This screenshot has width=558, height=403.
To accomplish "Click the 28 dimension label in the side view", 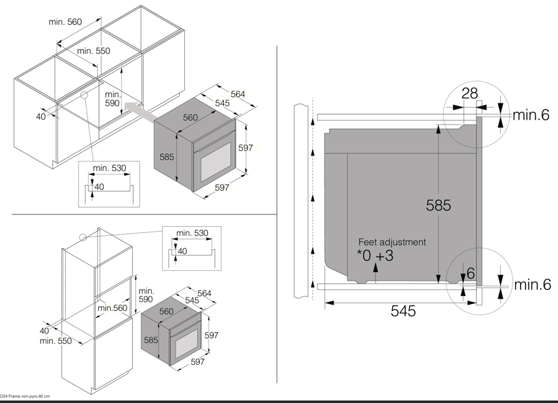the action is pyautogui.click(x=470, y=93).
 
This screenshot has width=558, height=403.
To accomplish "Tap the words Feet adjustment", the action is pyautogui.click(x=392, y=242).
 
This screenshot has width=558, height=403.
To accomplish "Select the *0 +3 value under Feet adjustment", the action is pyautogui.click(x=375, y=256).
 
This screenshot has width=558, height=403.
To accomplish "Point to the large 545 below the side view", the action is pyautogui.click(x=403, y=310).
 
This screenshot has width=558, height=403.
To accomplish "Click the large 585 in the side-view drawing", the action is pyautogui.click(x=438, y=205).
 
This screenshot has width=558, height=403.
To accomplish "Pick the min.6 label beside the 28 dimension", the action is pyautogui.click(x=530, y=114).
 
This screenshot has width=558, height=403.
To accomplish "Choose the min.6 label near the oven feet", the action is pyautogui.click(x=533, y=284).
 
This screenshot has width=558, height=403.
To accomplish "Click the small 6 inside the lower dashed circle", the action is pyautogui.click(x=470, y=273).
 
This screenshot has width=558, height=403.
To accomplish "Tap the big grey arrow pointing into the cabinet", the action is pyautogui.click(x=141, y=111).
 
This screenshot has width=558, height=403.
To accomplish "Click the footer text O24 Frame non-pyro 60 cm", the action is pyautogui.click(x=25, y=396).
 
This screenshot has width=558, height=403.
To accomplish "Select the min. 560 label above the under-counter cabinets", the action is pyautogui.click(x=65, y=22).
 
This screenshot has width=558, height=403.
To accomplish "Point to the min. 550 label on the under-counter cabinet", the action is pyautogui.click(x=93, y=50).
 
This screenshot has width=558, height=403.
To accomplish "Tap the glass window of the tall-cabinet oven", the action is pyautogui.click(x=186, y=343).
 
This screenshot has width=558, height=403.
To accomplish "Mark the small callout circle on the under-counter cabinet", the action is pyautogui.click(x=84, y=95).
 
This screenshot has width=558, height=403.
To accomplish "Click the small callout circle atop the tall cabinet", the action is pyautogui.click(x=83, y=237).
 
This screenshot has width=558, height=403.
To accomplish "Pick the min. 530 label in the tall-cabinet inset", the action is pyautogui.click(x=192, y=233).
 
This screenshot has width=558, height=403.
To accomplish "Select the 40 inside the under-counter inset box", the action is pyautogui.click(x=100, y=187).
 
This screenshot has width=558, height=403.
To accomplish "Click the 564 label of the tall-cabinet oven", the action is pyautogui.click(x=204, y=293).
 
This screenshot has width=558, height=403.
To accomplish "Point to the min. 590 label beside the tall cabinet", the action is pyautogui.click(x=146, y=295).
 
